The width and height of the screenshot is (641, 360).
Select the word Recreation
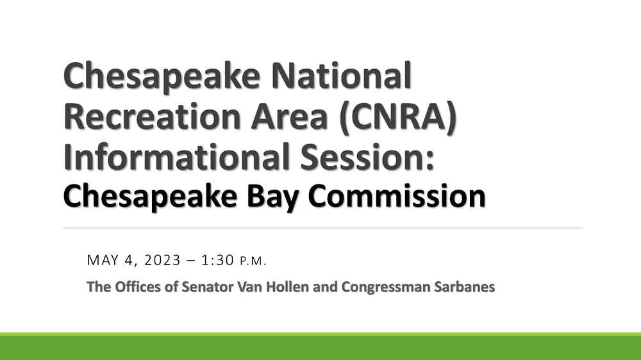[x=152, y=116]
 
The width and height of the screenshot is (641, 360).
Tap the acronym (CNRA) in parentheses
[x=398, y=118]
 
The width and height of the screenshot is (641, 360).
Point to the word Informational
[x=178, y=157]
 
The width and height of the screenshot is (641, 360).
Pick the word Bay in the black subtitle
[x=272, y=198]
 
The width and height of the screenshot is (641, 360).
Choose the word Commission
[x=397, y=196]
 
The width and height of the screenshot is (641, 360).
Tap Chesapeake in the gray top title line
[x=162, y=77]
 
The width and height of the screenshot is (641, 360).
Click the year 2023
[x=162, y=260]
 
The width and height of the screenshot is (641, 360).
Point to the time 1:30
[x=217, y=260]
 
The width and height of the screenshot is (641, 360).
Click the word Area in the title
[x=290, y=116]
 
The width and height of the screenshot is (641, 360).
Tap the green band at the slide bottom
[x=320, y=347]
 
